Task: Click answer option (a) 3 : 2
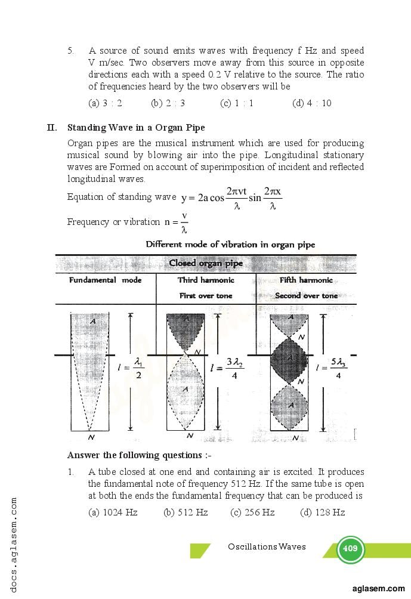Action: pyautogui.click(x=105, y=103)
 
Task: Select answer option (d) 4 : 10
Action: pyautogui.click(x=311, y=103)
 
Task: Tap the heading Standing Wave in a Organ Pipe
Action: pyautogui.click(x=136, y=128)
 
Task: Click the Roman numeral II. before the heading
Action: pyautogui.click(x=52, y=128)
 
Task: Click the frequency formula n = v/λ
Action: pyautogui.click(x=177, y=222)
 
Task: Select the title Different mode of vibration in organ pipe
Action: pyautogui.click(x=230, y=245)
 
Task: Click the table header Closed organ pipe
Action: pyautogui.click(x=206, y=263)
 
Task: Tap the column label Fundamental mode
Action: pyautogui.click(x=105, y=280)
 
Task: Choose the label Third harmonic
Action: pyautogui.click(x=206, y=280)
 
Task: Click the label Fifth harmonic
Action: pyautogui.click(x=306, y=280)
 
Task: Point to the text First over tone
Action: pyautogui.click(x=206, y=296)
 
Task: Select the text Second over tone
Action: pyautogui.click(x=306, y=296)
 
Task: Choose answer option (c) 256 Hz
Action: pyautogui.click(x=252, y=512)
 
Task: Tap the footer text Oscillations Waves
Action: pyautogui.click(x=267, y=546)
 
